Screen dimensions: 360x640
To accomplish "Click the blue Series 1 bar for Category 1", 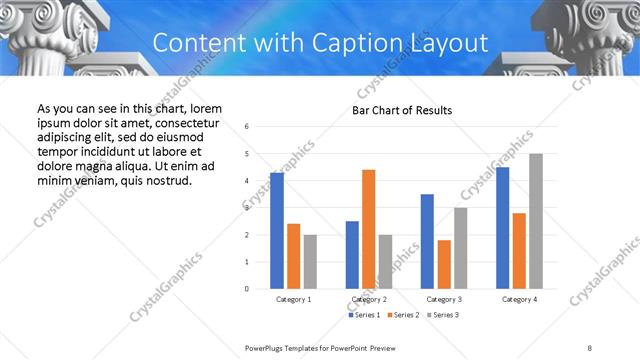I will point(277,230).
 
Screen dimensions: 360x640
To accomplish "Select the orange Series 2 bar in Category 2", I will point(369,229).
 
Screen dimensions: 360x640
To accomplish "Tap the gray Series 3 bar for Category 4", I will point(536,221).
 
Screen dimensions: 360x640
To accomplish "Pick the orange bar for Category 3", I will point(444,264).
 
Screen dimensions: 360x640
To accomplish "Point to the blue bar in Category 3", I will point(427,241).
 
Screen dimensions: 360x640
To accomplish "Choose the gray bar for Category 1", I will point(310,261).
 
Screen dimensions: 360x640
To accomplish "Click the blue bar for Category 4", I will point(502,227).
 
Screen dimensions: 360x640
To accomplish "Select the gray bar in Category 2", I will point(386,261).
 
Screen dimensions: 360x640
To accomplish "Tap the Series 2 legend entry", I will point(402,315).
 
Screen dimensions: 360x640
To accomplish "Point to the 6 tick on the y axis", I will point(247,126).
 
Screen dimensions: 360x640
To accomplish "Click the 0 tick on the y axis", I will point(247,288).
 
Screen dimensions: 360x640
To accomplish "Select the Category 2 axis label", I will point(369,299).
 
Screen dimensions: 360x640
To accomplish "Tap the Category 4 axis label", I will point(519,299).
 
